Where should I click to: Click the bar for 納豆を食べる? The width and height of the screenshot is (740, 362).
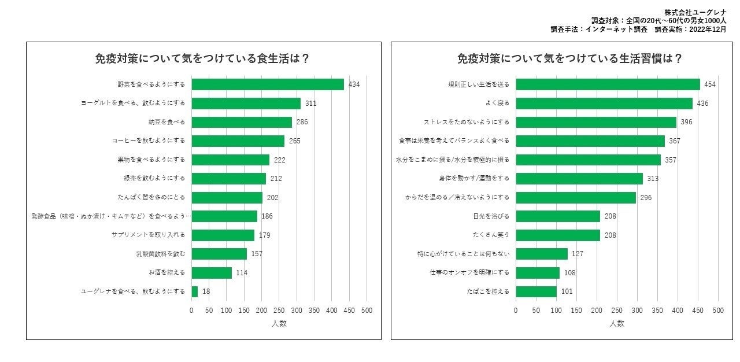pos(242,122)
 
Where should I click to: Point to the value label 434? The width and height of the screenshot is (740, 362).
pos(354,84)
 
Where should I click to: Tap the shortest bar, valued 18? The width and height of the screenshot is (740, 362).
pos(195,291)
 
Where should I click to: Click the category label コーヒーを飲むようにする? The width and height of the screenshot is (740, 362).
pos(149,141)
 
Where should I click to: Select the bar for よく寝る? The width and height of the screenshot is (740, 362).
pos(604,104)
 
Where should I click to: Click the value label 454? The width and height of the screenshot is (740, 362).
pos(710,84)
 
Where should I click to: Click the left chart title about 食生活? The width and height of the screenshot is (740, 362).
pos(202,59)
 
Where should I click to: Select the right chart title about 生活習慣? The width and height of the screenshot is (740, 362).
pos(569,59)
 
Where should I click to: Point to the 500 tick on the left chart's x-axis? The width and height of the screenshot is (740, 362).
pos(367,311)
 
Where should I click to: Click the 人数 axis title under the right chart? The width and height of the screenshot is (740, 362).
pos(617,323)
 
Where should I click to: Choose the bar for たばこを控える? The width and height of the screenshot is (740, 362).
pos(536,291)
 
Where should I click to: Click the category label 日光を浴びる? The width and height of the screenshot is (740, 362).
pos(491,216)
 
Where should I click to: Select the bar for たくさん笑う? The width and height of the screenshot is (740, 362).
pos(558,235)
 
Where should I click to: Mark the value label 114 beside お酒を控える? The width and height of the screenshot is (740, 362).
pos(242,273)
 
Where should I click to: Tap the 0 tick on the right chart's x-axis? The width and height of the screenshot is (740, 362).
pos(516,311)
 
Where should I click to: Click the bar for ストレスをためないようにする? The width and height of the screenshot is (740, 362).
pos(595,122)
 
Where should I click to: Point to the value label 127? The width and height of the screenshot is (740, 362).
pos(578,254)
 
